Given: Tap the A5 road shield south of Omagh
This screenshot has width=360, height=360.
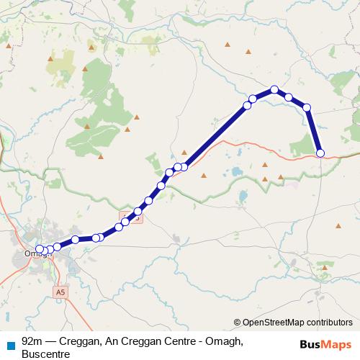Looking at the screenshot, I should (60, 292).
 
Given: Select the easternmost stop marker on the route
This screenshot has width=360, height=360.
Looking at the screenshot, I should (320, 152).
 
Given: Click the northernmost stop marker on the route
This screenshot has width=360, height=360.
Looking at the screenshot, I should (274, 90).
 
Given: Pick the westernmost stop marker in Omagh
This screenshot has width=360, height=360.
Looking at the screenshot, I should (40, 250).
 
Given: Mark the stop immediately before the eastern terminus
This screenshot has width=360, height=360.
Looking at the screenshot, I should (307, 107).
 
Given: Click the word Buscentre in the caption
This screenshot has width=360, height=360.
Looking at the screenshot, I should (45, 354).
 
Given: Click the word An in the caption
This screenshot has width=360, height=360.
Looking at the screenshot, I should (119, 341).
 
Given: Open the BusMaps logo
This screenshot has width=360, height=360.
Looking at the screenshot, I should (321, 344).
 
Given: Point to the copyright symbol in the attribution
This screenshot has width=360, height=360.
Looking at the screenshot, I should (238, 323).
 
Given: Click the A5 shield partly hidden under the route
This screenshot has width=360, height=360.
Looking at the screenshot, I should (135, 215).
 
